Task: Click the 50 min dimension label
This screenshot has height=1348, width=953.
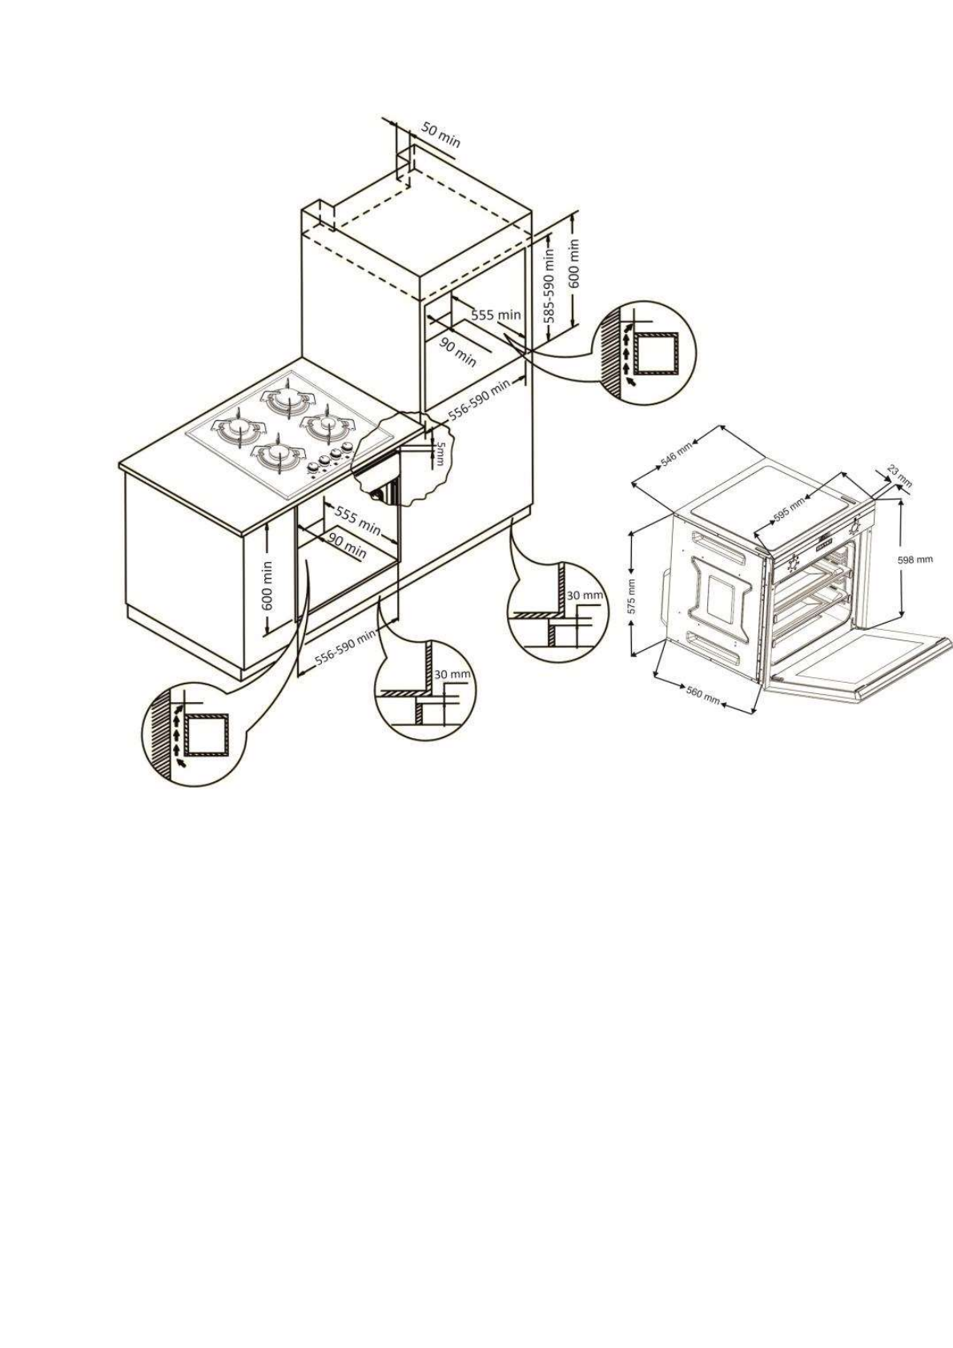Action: pos(441,137)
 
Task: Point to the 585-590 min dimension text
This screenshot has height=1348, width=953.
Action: pos(549,284)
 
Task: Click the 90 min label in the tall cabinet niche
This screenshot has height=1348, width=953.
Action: pos(458,352)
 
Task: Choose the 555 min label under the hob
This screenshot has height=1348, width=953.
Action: pos(357,520)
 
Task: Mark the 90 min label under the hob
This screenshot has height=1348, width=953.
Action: pos(348,547)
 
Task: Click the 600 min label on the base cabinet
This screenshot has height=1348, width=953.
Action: pos(267,585)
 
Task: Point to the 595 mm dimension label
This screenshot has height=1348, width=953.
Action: pos(789,508)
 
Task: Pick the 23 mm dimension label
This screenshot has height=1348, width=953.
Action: pos(900,478)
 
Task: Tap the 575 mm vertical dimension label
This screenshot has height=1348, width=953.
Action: pos(632,596)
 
